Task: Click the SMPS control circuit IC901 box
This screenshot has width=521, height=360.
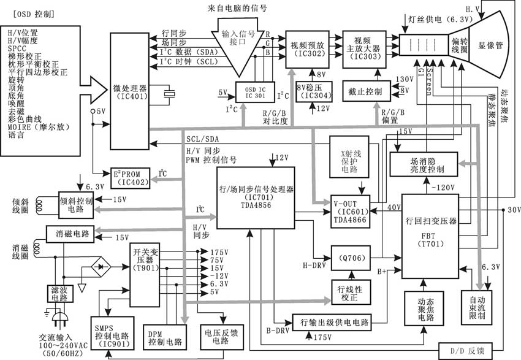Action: (112, 334)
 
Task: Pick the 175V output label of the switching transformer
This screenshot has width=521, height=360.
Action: (218, 252)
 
